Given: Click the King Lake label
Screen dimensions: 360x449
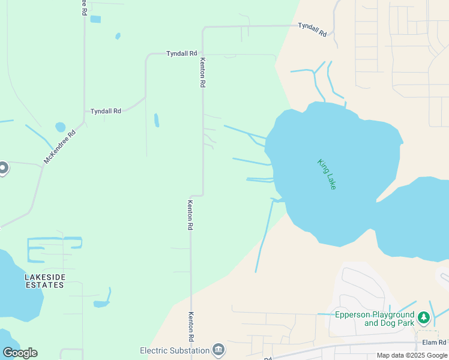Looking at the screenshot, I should click(327, 174).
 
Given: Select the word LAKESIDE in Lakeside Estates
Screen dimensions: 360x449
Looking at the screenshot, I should click(44, 277).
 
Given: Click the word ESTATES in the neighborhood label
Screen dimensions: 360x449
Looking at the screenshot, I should click(44, 285).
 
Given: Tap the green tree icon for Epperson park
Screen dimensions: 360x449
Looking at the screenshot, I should click(424, 317).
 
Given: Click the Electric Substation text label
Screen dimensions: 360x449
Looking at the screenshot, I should click(174, 350).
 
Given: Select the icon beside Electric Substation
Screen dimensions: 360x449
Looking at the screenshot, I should click(218, 350).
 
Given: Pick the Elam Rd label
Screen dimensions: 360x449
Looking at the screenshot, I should click(434, 343).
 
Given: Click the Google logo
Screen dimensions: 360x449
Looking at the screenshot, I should click(20, 353).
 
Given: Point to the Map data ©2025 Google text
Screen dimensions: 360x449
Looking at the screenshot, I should click(412, 355).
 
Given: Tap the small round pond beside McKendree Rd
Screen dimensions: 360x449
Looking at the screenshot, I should click(60, 127).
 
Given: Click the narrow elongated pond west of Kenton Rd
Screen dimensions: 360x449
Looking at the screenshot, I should click(157, 120).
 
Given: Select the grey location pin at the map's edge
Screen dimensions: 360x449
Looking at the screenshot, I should click(3, 168).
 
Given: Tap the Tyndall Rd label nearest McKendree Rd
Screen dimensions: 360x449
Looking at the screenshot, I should click(106, 111).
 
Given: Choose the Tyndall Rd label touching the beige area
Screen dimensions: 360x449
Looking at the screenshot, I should click(312, 29).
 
